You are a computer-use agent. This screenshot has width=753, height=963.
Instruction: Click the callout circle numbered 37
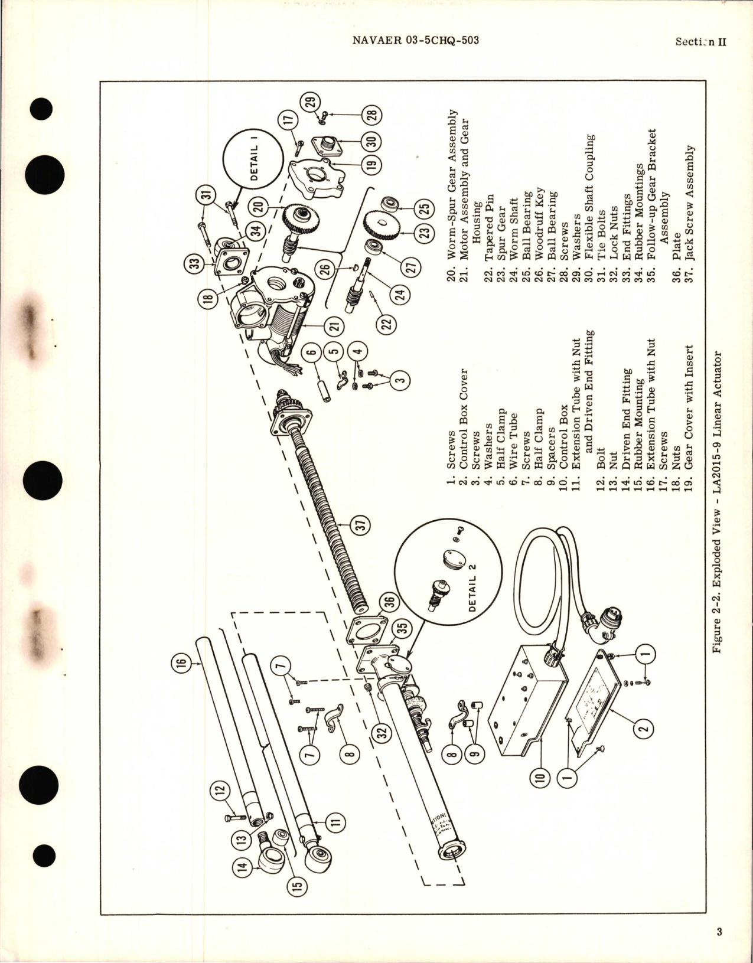tap(361, 523)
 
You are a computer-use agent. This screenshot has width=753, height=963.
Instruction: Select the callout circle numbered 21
tap(337, 325)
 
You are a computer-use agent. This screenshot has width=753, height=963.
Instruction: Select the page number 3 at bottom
tap(719, 932)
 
